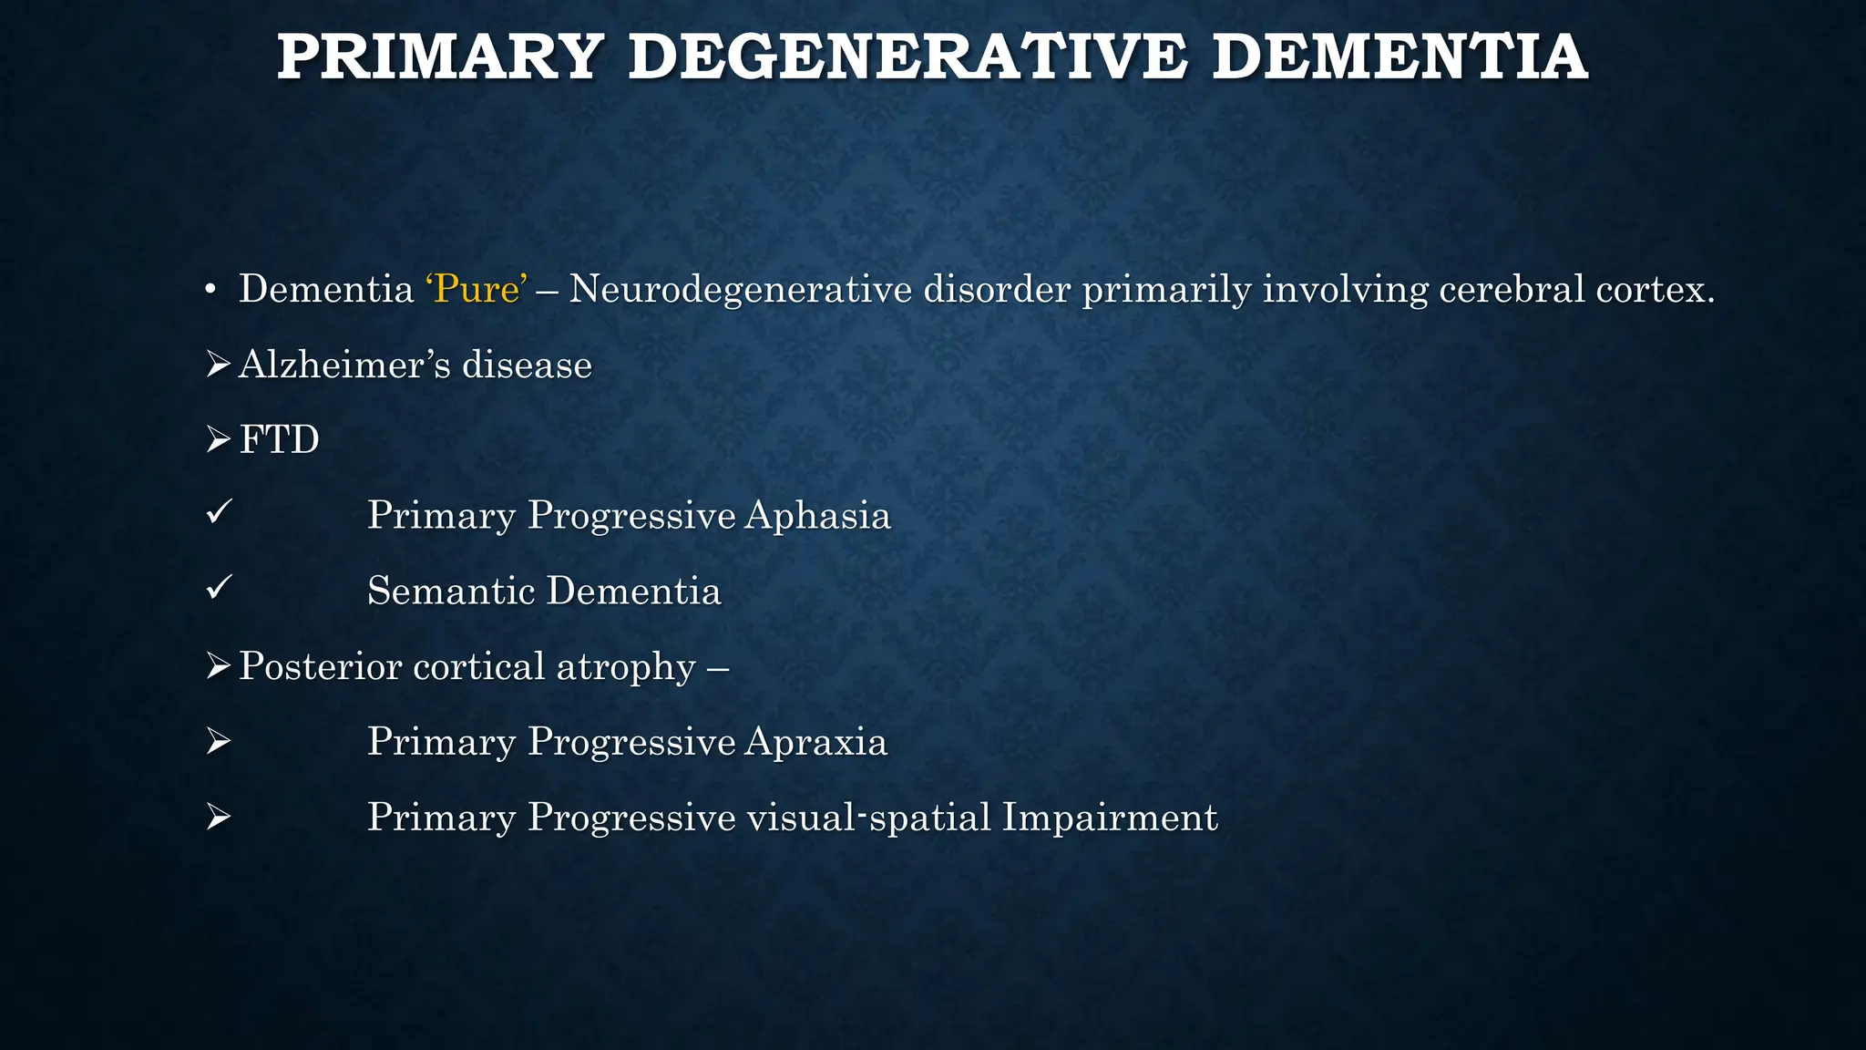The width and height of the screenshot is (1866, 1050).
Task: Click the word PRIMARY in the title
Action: pyautogui.click(x=440, y=57)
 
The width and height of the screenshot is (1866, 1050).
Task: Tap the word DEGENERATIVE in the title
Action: pyautogui.click(x=907, y=57)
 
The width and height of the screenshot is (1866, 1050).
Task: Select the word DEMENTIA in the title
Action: pyautogui.click(x=1400, y=57)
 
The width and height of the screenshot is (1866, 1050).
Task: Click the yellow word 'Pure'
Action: pyautogui.click(x=477, y=290)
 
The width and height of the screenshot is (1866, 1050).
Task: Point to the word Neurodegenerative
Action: pyautogui.click(x=740, y=290)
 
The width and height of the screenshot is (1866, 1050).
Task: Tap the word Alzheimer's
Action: pyautogui.click(x=344, y=365)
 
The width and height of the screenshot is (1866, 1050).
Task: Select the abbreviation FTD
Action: pyautogui.click(x=279, y=440)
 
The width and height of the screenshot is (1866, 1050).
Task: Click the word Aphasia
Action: pyautogui.click(x=817, y=516)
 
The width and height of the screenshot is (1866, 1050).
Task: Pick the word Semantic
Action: pyautogui.click(x=450, y=591)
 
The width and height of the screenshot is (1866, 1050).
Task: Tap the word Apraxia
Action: pyautogui.click(x=815, y=742)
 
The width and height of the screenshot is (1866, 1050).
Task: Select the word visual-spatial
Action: pyautogui.click(x=868, y=818)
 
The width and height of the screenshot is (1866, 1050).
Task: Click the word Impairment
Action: pyautogui.click(x=1109, y=818)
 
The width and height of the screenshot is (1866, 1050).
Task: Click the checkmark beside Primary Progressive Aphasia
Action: pyautogui.click(x=219, y=513)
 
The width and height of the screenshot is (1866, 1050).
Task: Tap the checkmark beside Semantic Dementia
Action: pyautogui.click(x=219, y=588)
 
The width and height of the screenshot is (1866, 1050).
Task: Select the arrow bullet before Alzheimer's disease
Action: pyautogui.click(x=218, y=365)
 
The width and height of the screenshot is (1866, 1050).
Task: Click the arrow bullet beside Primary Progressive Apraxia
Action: pyautogui.click(x=218, y=742)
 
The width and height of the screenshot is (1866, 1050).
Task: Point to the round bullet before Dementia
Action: pyautogui.click(x=210, y=291)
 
